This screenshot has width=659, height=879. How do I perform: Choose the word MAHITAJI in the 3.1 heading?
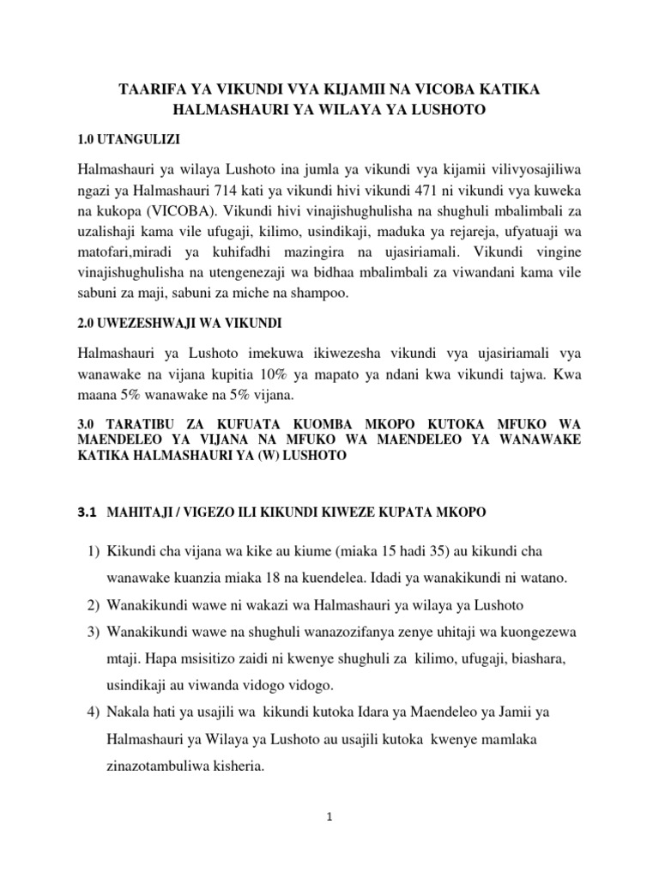click(140, 512)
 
